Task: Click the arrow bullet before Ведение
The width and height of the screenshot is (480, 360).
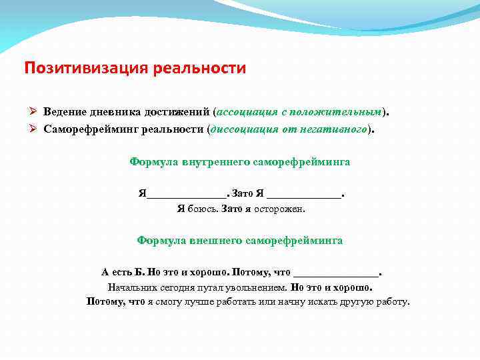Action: [x=35, y=111]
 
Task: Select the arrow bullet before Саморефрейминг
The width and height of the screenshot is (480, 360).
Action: [x=35, y=128]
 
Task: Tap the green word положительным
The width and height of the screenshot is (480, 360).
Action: [x=337, y=111]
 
